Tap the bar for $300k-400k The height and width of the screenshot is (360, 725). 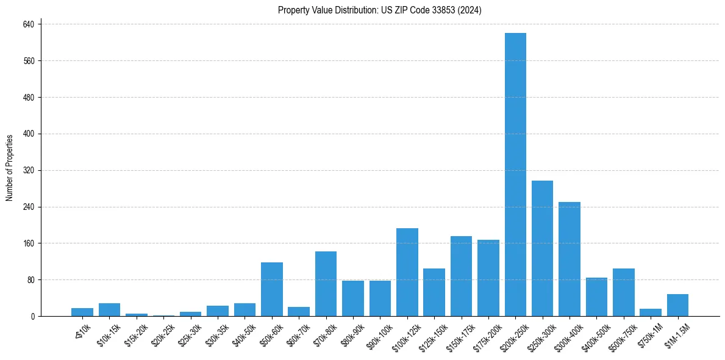(x=570, y=259)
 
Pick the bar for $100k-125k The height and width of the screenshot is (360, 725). (x=407, y=272)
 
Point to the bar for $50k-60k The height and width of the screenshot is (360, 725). (x=272, y=289)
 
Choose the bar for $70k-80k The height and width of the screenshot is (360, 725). (x=326, y=284)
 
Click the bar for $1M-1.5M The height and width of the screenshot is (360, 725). (x=677, y=305)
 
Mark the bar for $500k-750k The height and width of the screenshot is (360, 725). (x=623, y=292)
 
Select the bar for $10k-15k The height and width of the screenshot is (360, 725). (x=110, y=310)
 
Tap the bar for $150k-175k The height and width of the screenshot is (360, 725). (x=461, y=276)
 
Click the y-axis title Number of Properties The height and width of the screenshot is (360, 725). (x=10, y=168)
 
